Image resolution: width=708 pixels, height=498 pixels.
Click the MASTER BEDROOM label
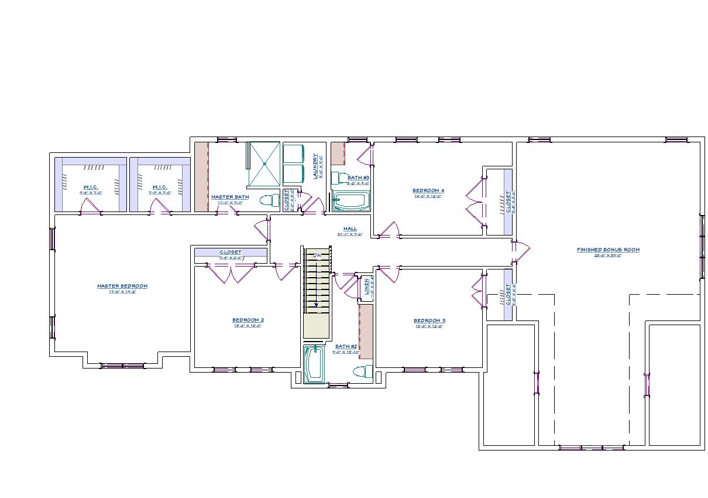pos(122,286)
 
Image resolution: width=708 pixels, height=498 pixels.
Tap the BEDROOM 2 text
pos(248,320)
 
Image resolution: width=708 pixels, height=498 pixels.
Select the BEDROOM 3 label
pos(429,320)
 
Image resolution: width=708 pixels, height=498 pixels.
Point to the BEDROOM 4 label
pos(428,190)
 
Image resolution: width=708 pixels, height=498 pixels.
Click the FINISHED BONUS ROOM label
pos(608,250)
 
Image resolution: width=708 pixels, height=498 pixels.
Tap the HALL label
pos(350,228)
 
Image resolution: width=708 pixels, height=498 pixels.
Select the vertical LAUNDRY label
pos(315,166)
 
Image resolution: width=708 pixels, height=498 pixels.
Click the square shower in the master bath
pos(264,165)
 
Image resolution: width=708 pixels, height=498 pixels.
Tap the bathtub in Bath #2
pos(313,364)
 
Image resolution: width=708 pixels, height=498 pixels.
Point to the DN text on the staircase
pos(317,256)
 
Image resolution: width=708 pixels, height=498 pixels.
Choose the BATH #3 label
pos(358,177)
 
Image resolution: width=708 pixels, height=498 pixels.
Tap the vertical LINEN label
pos(367,287)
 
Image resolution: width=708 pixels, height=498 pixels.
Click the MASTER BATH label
pos(230,197)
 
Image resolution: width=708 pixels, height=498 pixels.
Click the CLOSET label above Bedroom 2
pos(231,252)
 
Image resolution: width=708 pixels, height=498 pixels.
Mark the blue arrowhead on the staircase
pos(317,304)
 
